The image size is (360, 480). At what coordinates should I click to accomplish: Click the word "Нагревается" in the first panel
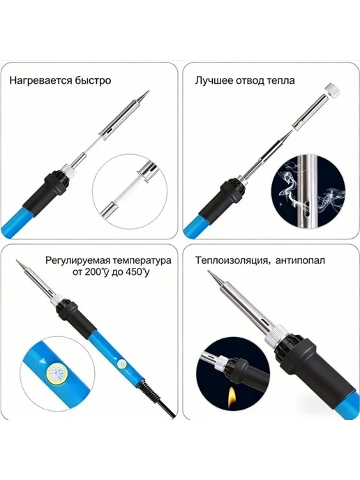40,80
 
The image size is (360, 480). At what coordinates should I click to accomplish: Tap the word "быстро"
93,80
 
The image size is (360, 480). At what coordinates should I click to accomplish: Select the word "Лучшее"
214,80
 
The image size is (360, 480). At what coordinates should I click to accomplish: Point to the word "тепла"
280,80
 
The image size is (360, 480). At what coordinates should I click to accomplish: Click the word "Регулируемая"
77,261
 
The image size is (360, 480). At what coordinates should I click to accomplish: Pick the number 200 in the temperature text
93,271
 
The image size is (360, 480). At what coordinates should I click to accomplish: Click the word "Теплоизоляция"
232,260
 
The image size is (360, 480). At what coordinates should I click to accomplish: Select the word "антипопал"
300,260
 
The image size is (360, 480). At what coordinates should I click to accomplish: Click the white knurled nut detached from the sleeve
332,91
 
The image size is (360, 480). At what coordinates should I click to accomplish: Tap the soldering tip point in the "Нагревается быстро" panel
149,91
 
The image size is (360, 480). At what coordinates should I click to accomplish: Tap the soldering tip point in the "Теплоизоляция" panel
209,271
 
